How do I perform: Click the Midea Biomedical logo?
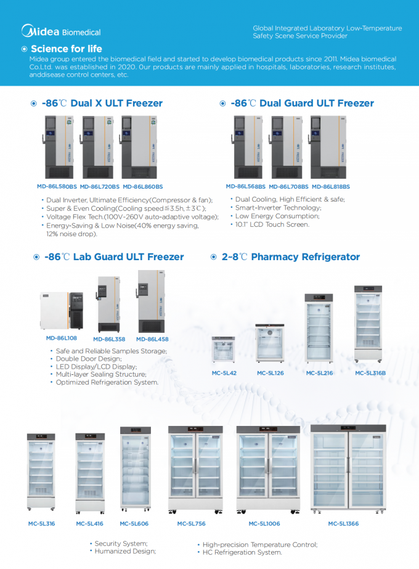pyautogui.click(x=60, y=31)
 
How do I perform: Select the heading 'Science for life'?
pyautogui.click(x=66, y=49)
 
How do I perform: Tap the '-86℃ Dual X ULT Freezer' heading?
pyautogui.click(x=102, y=104)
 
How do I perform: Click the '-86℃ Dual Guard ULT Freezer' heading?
pyautogui.click(x=302, y=104)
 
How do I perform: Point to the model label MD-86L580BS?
pyautogui.click(x=57, y=186)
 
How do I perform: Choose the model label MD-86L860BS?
pyautogui.click(x=143, y=186)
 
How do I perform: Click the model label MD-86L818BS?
pyautogui.click(x=330, y=186)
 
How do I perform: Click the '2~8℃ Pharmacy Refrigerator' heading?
pyautogui.click(x=290, y=257)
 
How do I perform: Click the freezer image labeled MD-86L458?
pyautogui.click(x=151, y=301)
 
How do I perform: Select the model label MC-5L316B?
pyautogui.click(x=370, y=373)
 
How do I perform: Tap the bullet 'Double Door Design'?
pyautogui.click(x=89, y=359)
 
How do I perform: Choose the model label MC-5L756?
pyautogui.click(x=191, y=523)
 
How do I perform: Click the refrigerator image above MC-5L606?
pyautogui.click(x=135, y=470)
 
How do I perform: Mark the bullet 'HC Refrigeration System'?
pyautogui.click(x=242, y=552)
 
